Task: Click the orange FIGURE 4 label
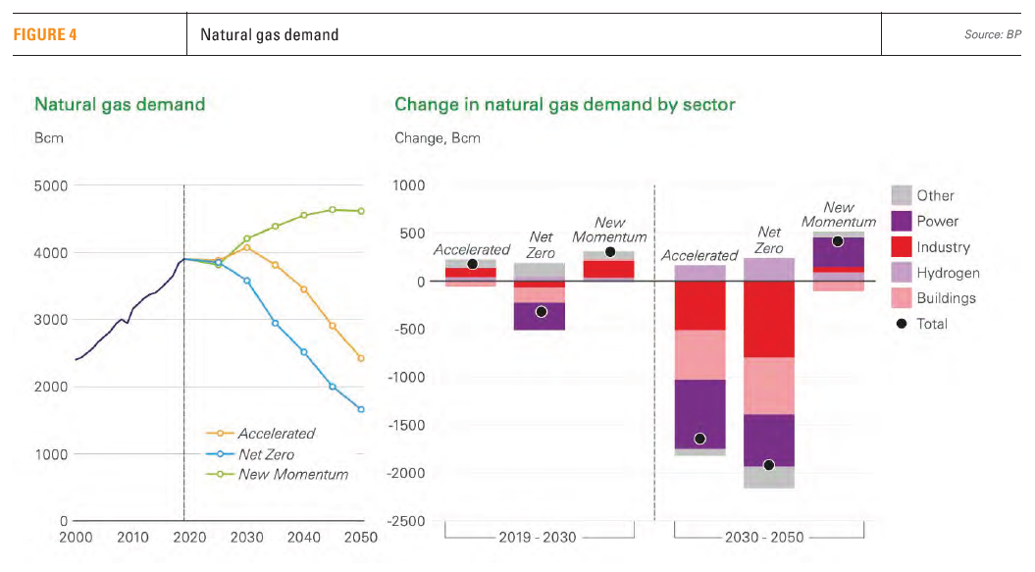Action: click(44, 35)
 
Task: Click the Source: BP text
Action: click(993, 35)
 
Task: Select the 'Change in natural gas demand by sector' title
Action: click(564, 104)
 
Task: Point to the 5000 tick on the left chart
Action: click(50, 185)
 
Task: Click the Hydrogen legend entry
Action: click(948, 273)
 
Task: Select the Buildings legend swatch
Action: click(902, 298)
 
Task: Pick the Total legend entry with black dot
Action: click(931, 324)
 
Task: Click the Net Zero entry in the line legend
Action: click(266, 454)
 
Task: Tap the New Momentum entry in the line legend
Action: click(292, 475)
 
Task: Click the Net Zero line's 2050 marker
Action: click(362, 409)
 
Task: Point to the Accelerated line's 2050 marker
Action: click(362, 358)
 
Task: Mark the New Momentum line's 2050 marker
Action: click(362, 210)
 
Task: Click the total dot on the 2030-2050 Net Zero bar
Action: click(768, 465)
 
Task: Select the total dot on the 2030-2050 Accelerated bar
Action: click(699, 439)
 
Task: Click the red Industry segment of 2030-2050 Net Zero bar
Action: click(768, 319)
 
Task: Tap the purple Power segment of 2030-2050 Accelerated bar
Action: click(699, 412)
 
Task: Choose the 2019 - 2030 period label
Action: click(537, 538)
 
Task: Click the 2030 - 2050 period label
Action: click(768, 538)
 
